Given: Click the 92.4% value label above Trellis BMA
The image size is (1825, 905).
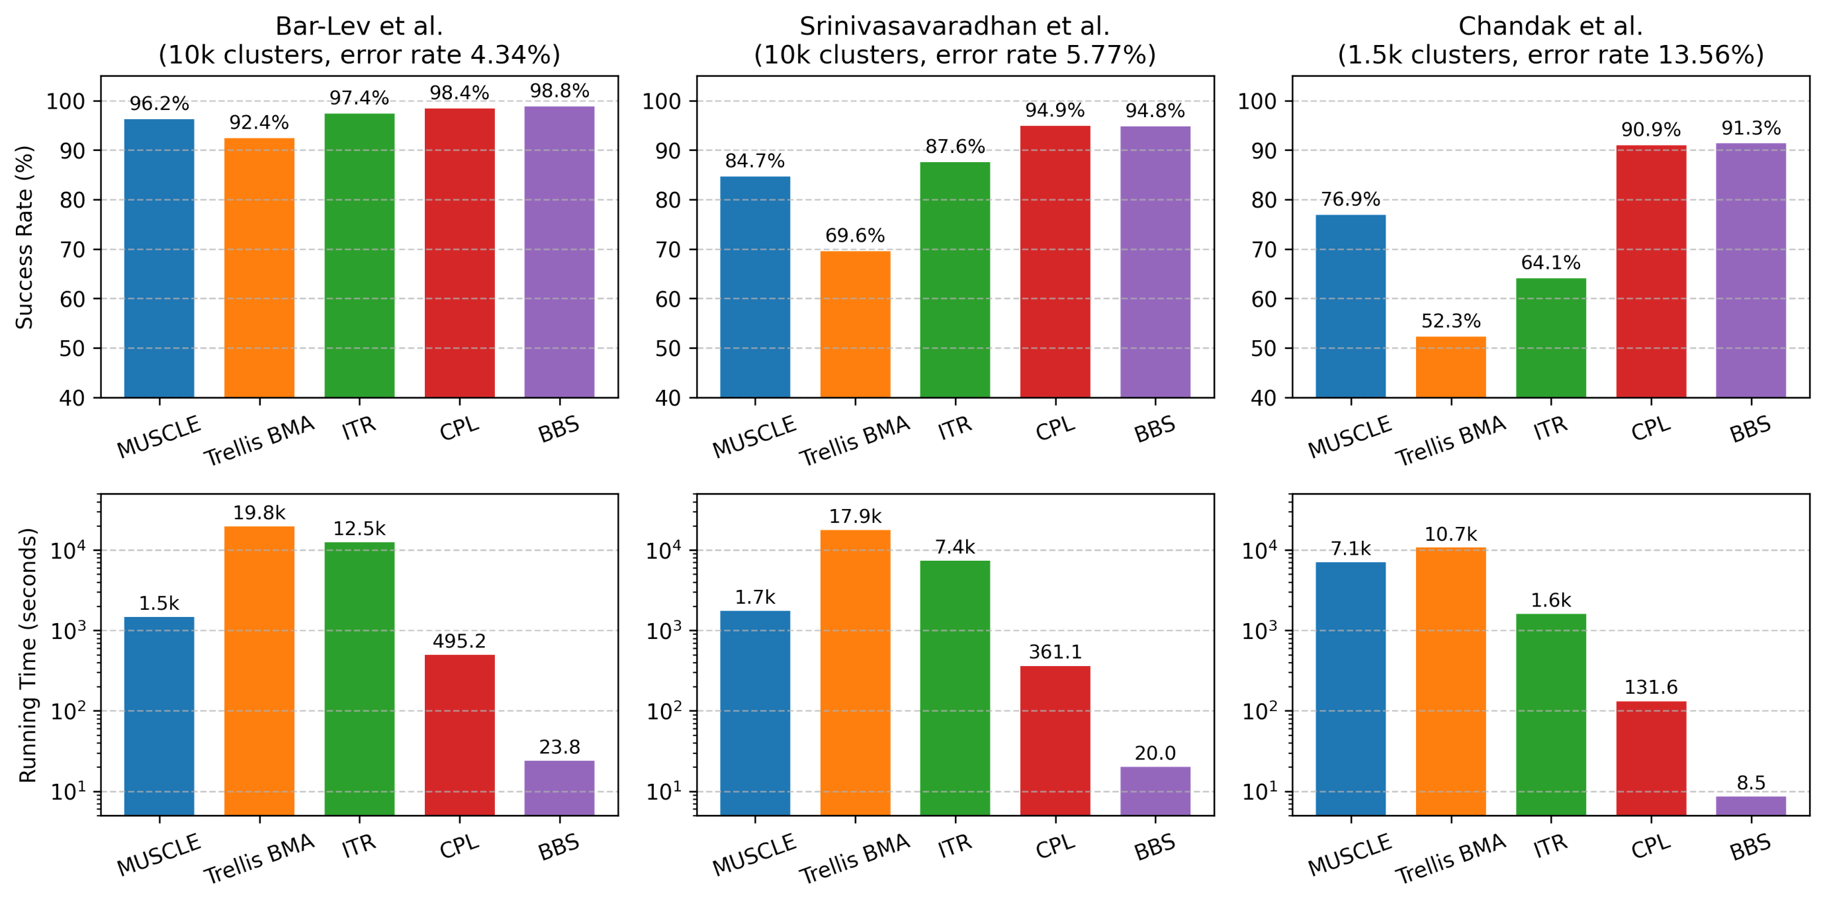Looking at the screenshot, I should pyautogui.click(x=259, y=123).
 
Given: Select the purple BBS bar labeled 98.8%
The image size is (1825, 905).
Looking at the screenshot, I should pyautogui.click(x=559, y=252).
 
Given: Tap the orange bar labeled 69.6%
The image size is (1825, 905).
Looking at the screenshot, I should pyautogui.click(x=855, y=323).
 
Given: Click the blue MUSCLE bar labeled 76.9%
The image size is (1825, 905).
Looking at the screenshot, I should pyautogui.click(x=1351, y=305).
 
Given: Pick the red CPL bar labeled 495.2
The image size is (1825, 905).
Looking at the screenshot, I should pyautogui.click(x=459, y=734).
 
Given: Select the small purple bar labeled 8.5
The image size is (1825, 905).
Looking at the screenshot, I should pyautogui.click(x=1751, y=805).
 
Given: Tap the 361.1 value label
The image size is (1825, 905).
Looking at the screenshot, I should pyautogui.click(x=1055, y=652).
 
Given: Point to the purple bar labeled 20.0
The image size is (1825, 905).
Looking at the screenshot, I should pyautogui.click(x=1155, y=790).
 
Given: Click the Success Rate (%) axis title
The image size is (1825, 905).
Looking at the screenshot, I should pyautogui.click(x=24, y=238).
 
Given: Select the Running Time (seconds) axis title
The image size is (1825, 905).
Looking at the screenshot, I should pyautogui.click(x=27, y=654).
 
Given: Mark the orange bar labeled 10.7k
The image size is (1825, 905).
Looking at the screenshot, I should pyautogui.click(x=1450, y=681).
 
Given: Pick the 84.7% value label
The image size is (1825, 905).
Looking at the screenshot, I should pyautogui.click(x=754, y=162).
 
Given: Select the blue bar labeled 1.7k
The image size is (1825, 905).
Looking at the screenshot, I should pyautogui.click(x=754, y=712).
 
